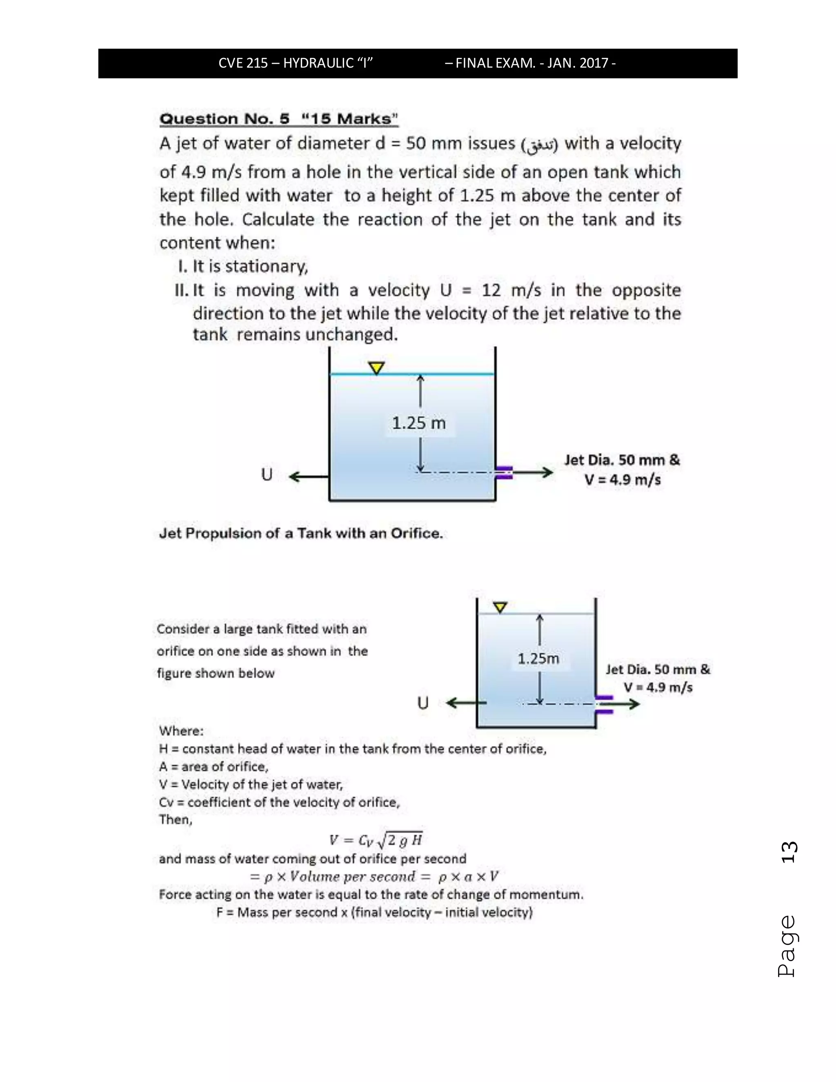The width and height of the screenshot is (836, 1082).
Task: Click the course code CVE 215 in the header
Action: (243, 63)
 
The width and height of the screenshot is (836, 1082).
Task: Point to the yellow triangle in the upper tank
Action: (377, 367)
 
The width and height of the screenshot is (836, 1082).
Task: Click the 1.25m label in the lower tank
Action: (538, 659)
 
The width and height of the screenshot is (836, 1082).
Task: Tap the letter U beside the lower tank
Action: (422, 703)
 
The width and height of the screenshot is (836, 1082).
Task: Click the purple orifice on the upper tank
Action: (504, 473)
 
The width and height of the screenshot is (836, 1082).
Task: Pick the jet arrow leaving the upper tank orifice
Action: (533, 473)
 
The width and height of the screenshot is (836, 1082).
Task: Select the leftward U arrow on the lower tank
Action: (465, 703)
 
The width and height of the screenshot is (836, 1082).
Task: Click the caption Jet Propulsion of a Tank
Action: (300, 534)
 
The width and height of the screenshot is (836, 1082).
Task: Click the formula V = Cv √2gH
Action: (376, 840)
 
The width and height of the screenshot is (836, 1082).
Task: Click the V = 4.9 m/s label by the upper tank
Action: (623, 480)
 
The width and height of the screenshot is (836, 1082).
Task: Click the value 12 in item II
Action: (491, 290)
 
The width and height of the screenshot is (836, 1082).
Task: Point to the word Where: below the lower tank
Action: (181, 731)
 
